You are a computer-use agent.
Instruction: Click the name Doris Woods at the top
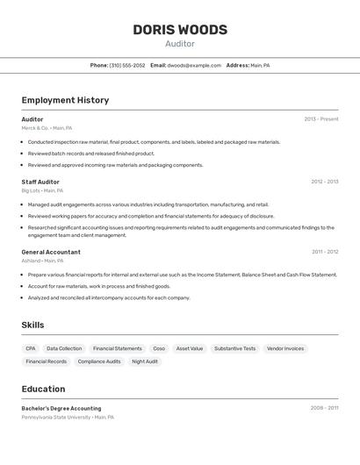click(x=180, y=30)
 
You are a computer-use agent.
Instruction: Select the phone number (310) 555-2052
click(x=127, y=66)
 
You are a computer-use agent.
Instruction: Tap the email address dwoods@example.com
click(x=194, y=66)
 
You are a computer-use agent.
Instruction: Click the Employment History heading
click(x=65, y=100)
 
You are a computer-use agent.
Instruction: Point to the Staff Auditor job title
click(x=40, y=182)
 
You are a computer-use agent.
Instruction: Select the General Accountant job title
click(x=51, y=252)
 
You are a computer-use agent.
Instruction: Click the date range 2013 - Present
click(x=320, y=119)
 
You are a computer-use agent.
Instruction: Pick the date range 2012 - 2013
click(x=324, y=182)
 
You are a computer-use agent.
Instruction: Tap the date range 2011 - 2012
click(x=325, y=252)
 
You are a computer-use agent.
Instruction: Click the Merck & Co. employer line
click(x=47, y=128)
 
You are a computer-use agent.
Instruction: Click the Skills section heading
click(x=32, y=325)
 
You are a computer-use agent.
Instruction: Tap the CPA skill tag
click(x=31, y=348)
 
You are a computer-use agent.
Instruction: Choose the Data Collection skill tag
click(x=64, y=348)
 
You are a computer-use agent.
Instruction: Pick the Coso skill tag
click(x=159, y=348)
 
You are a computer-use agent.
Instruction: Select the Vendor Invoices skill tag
click(x=285, y=348)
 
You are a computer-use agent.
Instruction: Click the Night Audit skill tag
click(x=145, y=361)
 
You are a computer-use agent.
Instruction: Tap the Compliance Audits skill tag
click(x=99, y=361)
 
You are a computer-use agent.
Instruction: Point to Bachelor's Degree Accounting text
click(x=61, y=408)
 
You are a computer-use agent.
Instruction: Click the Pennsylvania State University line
click(x=68, y=418)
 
